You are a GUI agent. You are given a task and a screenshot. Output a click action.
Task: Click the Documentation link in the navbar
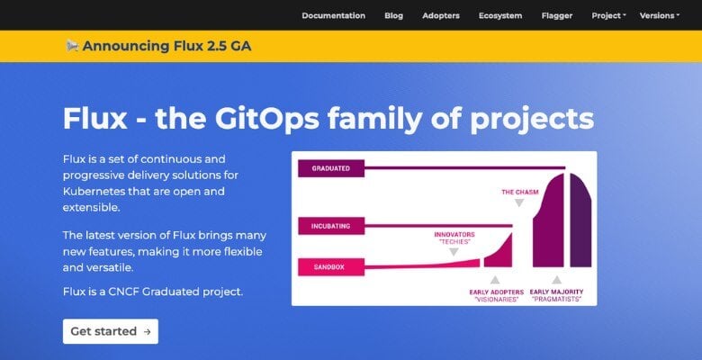[333, 15]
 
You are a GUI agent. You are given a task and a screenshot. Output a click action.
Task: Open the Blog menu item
[393, 15]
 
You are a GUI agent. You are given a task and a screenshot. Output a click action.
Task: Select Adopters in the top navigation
[441, 15]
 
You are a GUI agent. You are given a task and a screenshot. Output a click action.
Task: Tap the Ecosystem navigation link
[500, 15]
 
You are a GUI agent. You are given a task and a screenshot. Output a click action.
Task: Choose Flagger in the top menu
[557, 15]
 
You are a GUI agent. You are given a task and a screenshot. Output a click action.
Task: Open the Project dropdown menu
[608, 15]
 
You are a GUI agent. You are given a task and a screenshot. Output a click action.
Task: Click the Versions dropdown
[659, 15]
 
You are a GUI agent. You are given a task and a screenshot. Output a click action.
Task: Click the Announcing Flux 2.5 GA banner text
[166, 46]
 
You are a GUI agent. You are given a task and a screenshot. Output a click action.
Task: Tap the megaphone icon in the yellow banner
[72, 45]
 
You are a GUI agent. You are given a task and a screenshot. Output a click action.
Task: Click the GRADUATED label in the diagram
[330, 168]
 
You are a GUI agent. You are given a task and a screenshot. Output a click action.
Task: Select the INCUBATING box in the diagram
[330, 225]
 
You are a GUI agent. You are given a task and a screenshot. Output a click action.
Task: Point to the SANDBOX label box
[330, 265]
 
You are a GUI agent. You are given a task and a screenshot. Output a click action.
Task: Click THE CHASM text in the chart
[518, 192]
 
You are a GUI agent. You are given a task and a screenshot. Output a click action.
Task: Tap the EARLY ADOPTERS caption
[496, 292]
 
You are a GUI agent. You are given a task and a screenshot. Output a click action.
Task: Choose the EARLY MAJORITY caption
[556, 292]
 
